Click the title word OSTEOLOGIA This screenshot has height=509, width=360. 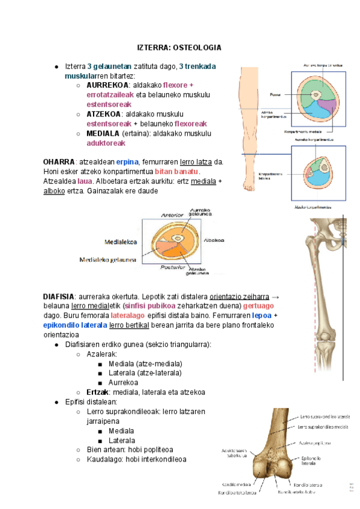[x=198, y=47]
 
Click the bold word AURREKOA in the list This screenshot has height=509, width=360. [x=107, y=85]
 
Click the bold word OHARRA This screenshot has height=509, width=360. [x=59, y=161]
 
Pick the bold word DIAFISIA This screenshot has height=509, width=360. [x=58, y=296]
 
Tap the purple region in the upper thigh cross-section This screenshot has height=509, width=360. [x=325, y=110]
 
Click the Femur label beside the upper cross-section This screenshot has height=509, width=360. [x=275, y=95]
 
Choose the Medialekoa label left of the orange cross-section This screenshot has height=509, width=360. [x=122, y=242]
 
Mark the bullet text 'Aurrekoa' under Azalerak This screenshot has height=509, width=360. [x=124, y=382]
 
